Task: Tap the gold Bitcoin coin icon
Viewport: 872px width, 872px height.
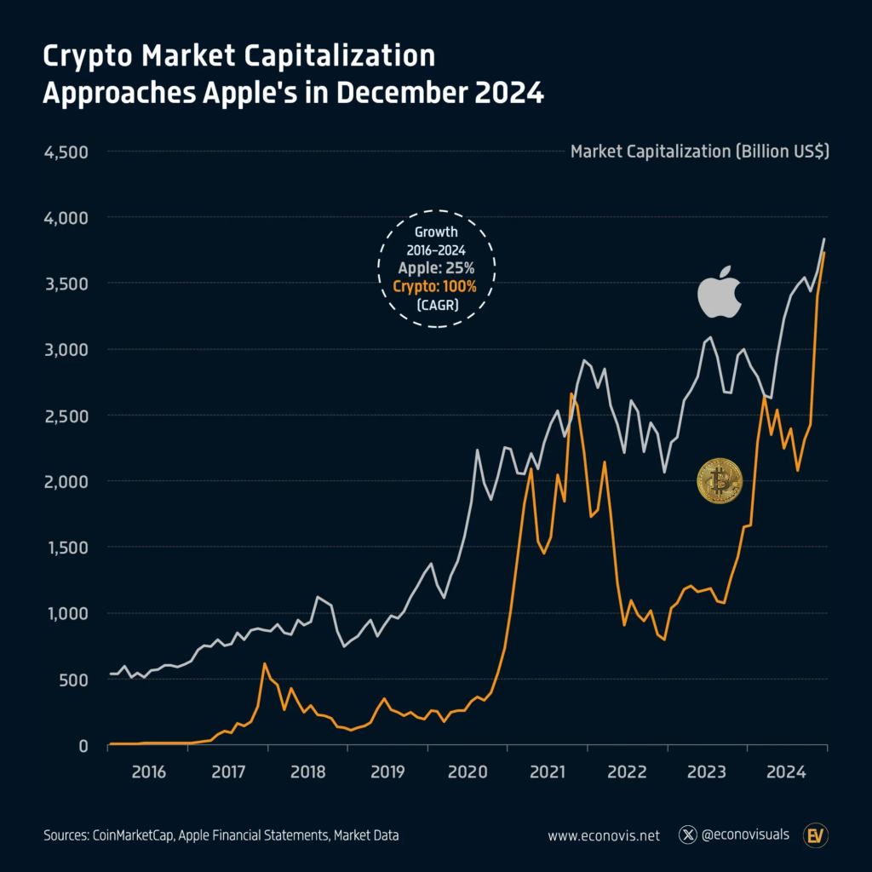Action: pos(720,480)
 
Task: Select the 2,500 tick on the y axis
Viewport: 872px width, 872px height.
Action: pos(66,416)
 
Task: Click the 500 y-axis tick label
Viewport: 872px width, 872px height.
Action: pos(74,680)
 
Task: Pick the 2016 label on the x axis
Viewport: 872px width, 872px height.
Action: pos(148,772)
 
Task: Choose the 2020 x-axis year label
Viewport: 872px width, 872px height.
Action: pos(468,772)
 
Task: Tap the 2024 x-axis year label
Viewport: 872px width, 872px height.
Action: pos(787,772)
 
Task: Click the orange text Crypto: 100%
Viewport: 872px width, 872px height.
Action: pos(435,286)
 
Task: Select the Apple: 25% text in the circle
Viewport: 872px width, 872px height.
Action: pos(435,267)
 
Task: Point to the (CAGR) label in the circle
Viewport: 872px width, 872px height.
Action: pos(435,305)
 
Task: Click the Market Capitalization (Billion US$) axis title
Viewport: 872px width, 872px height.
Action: pos(700,152)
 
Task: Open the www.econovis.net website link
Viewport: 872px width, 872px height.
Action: pos(604,835)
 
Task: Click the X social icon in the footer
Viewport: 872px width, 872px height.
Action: pos(688,835)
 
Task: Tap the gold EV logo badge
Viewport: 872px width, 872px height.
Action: pos(816,835)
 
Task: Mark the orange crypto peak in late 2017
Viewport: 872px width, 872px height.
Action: pos(265,663)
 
